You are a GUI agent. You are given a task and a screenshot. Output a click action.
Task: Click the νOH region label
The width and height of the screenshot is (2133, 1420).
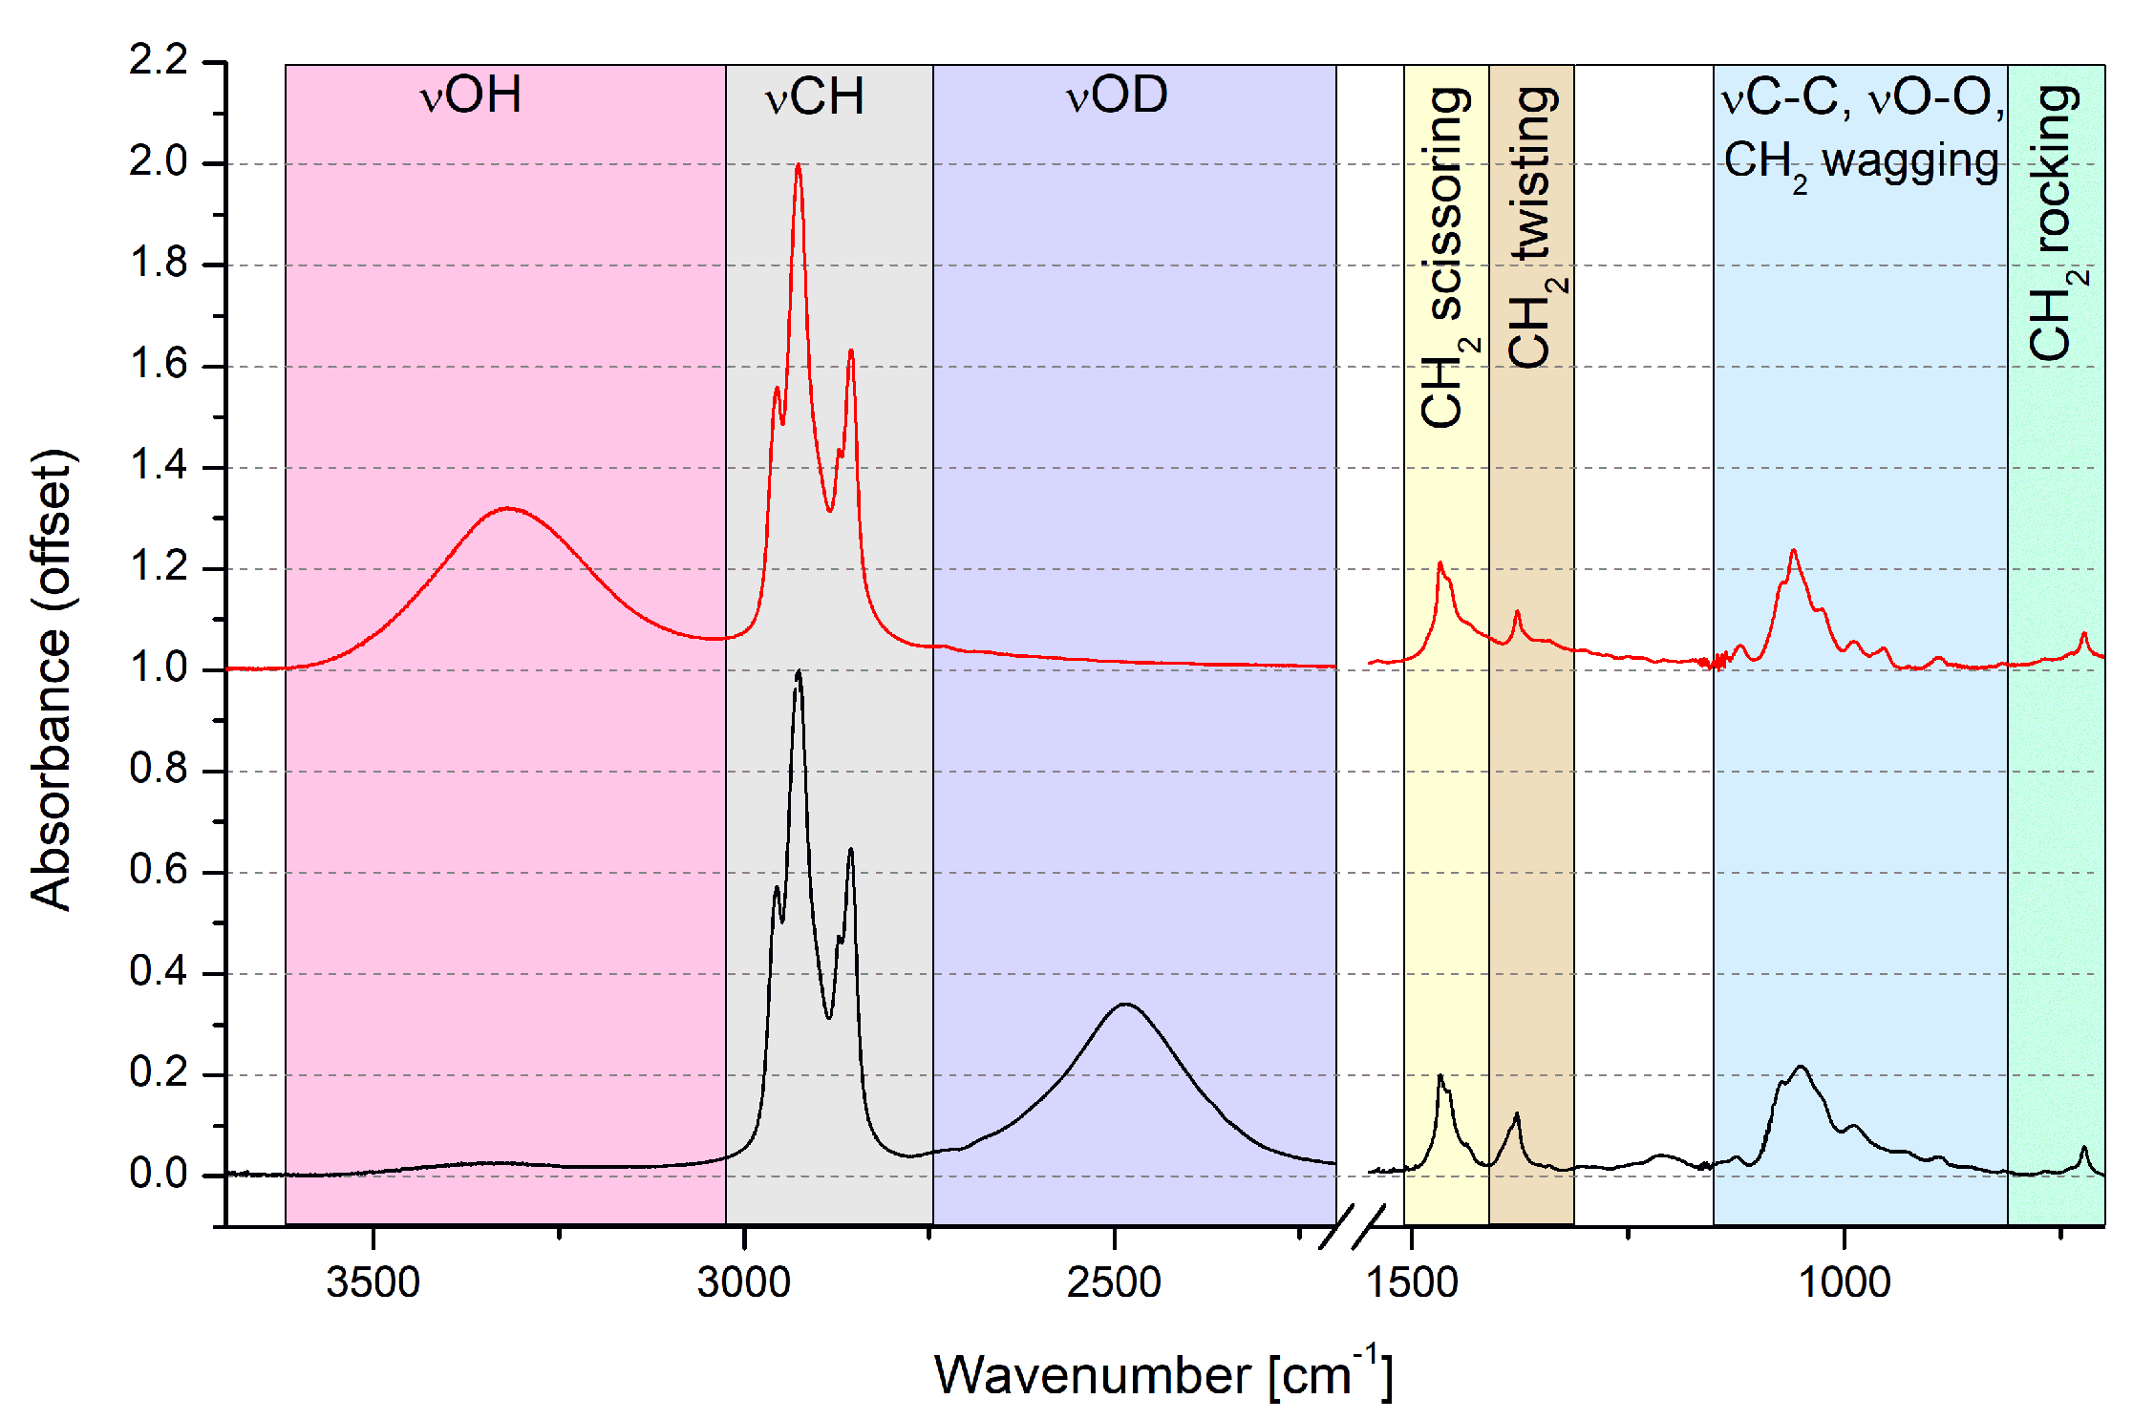click(470, 95)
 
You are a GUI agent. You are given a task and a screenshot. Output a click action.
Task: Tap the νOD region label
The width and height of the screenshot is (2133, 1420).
click(1117, 95)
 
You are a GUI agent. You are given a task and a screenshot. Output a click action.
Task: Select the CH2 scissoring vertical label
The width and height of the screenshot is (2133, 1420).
click(1446, 258)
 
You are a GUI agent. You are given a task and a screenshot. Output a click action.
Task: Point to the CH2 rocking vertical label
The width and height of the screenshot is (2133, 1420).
click(2054, 224)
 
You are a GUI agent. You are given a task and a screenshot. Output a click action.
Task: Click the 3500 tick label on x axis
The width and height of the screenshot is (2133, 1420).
click(373, 1282)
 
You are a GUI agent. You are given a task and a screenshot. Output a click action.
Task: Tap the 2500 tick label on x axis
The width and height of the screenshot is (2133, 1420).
click(1114, 1282)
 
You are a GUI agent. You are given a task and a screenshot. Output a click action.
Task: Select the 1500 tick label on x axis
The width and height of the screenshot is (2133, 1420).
click(1412, 1282)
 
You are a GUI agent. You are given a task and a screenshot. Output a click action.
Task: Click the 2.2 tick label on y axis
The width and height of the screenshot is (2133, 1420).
click(159, 61)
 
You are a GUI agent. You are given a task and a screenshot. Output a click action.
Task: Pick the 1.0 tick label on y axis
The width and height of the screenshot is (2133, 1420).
click(159, 668)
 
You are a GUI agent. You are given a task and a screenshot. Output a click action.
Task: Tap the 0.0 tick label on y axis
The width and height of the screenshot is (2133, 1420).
click(159, 1175)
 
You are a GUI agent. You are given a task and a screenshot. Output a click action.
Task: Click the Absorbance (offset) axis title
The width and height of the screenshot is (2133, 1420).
click(52, 680)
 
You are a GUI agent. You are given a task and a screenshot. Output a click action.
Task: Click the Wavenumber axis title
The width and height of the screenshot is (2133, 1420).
click(1162, 1375)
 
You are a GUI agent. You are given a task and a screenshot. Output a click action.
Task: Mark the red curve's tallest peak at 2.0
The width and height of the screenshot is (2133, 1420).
click(798, 166)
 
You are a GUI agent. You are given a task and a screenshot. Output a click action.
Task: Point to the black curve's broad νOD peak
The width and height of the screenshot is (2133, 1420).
click(1125, 1005)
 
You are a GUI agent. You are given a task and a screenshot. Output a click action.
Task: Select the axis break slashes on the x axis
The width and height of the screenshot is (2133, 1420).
click(1352, 1227)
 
